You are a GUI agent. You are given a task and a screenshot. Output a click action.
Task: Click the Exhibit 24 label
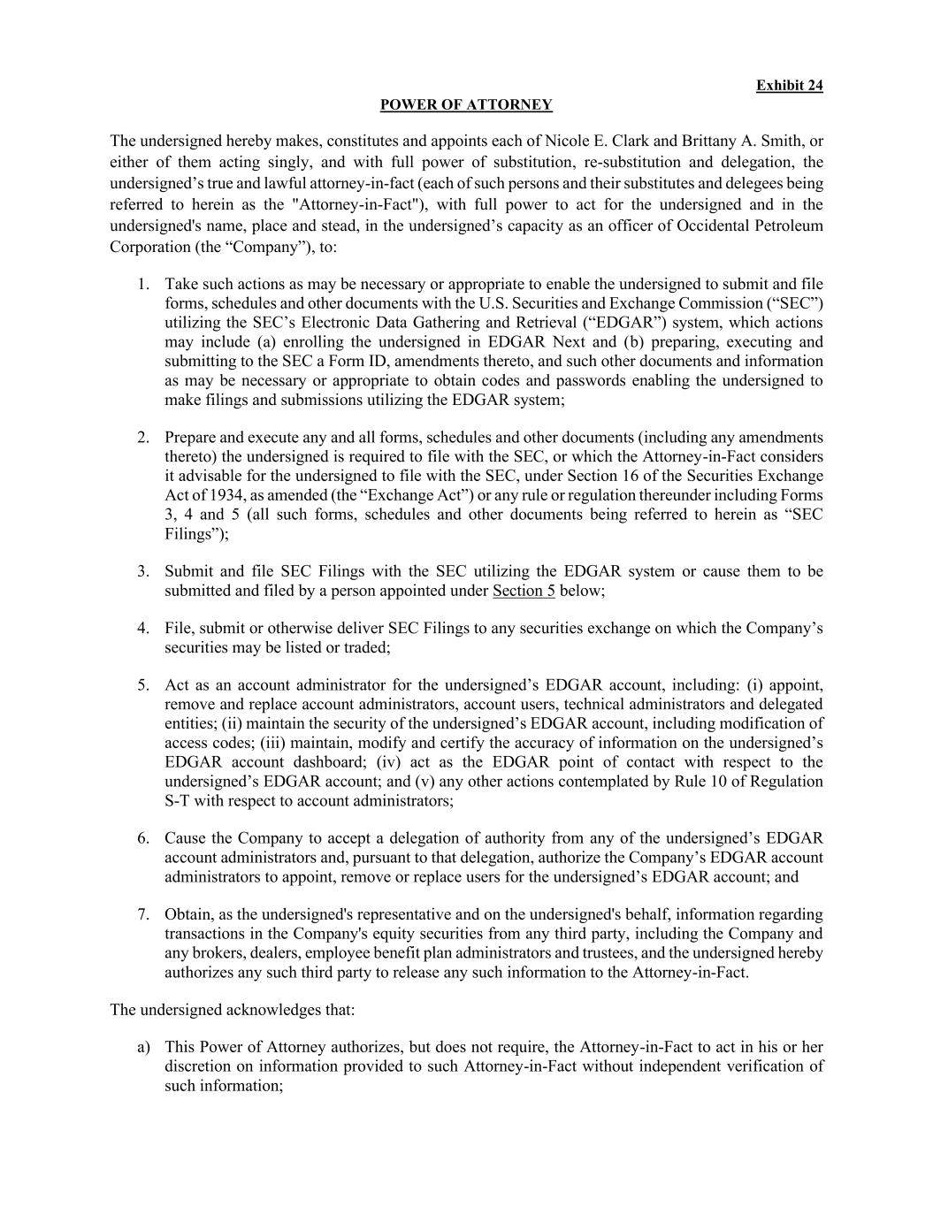(789, 86)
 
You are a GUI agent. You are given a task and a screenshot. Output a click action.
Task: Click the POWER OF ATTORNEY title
(466, 105)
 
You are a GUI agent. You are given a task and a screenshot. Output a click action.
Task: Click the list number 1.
(143, 285)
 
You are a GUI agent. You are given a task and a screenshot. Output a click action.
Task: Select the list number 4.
(143, 629)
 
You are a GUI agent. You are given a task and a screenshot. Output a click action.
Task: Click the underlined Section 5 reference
(524, 592)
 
